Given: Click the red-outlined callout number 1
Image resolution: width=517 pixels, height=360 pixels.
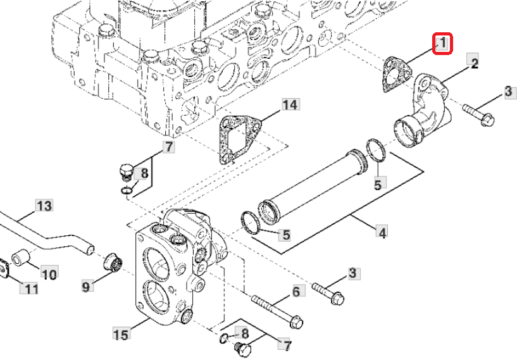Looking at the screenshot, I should click(442, 44).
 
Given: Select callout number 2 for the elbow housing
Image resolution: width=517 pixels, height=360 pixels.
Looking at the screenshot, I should click(473, 63).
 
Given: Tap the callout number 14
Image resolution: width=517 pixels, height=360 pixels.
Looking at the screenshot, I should click(290, 104).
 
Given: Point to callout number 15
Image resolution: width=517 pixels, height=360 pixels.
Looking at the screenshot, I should click(121, 333).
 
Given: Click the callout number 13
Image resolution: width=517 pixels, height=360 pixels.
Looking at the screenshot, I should click(43, 206).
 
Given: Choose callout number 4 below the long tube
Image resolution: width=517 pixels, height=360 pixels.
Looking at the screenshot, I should click(382, 233).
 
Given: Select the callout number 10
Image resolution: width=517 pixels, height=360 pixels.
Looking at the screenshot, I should click(49, 274).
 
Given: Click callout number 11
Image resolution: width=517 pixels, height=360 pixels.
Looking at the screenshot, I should click(31, 289).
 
